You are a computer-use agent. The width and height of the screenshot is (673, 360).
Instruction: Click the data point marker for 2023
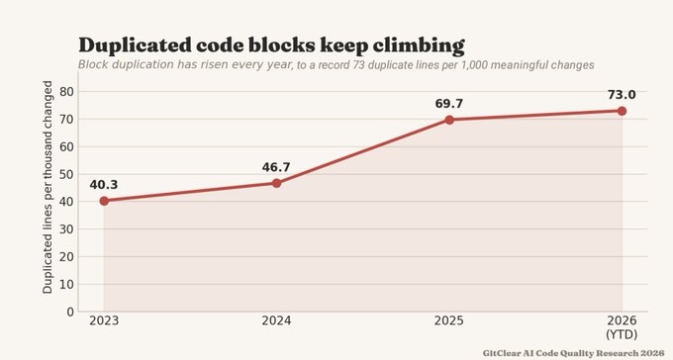tap(104, 201)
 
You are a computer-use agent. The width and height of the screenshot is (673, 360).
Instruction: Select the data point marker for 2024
tap(276, 183)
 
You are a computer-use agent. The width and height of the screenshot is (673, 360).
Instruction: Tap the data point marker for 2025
tap(449, 120)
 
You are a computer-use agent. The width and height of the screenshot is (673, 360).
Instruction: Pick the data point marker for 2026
tap(622, 111)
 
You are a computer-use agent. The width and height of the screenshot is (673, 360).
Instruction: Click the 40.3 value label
tap(104, 185)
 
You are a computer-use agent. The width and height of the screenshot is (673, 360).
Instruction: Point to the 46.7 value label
tap(276, 167)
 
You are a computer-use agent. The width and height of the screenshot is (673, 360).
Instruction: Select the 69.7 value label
tap(448, 104)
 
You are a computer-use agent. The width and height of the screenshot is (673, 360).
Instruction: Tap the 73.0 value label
tap(622, 95)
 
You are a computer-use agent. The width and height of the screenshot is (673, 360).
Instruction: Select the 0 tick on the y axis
tap(70, 312)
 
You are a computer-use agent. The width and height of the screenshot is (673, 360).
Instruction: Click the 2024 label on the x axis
tap(276, 321)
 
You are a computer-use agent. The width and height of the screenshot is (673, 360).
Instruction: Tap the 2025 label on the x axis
tap(449, 321)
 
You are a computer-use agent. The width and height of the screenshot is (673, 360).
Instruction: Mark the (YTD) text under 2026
tap(622, 334)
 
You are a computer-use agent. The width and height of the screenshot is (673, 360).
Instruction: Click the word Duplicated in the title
tap(135, 45)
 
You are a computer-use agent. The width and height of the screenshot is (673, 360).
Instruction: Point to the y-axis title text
tap(48, 187)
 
